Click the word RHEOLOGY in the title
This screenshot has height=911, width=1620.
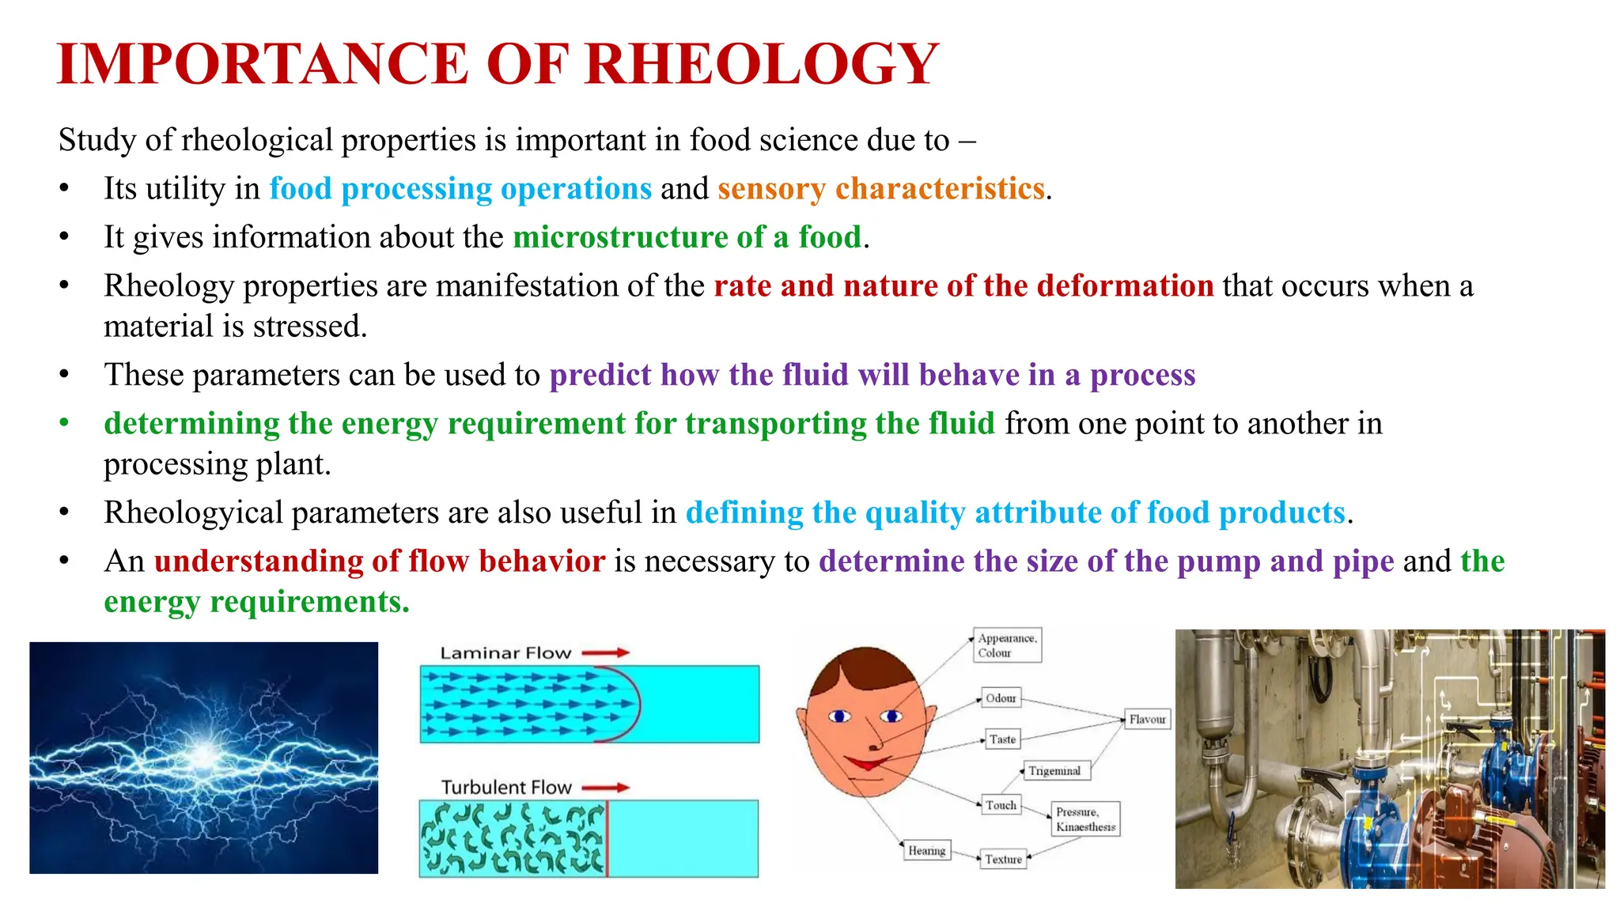(x=762, y=64)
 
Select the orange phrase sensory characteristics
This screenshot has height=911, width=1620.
(x=881, y=189)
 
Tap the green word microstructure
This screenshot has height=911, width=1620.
(x=620, y=237)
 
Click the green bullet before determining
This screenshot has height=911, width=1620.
(x=64, y=424)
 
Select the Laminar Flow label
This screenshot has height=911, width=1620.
(x=505, y=653)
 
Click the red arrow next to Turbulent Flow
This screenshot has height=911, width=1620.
(x=606, y=788)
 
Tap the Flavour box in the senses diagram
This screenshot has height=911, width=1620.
(x=1146, y=720)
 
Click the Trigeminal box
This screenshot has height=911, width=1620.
(x=1054, y=771)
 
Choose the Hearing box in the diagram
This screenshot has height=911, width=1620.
(x=926, y=851)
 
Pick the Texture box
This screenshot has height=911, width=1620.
(x=1003, y=860)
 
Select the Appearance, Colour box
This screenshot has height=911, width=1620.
(x=1006, y=645)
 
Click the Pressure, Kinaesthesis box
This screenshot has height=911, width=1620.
(x=1085, y=819)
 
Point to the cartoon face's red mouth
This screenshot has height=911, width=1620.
(x=866, y=763)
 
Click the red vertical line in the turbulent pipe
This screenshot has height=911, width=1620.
(x=607, y=839)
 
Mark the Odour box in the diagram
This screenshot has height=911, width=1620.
(x=1001, y=698)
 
